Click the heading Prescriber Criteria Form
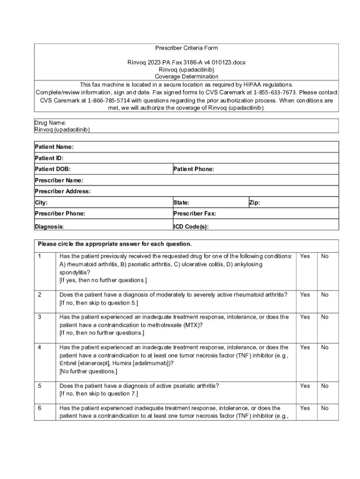click(x=186, y=48)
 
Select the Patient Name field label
click(x=54, y=147)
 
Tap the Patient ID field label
click(x=49, y=158)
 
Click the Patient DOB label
click(x=53, y=169)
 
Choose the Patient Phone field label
click(x=194, y=169)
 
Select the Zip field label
click(x=254, y=203)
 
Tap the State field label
click(x=181, y=203)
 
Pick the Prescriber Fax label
click(x=194, y=214)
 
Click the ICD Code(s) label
click(x=191, y=227)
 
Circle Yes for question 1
click(x=305, y=256)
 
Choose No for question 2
click(x=325, y=295)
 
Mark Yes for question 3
click(x=305, y=317)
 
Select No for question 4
click(x=325, y=348)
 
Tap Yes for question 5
click(x=305, y=386)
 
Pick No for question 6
click(x=325, y=408)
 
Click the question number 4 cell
click(x=40, y=348)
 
